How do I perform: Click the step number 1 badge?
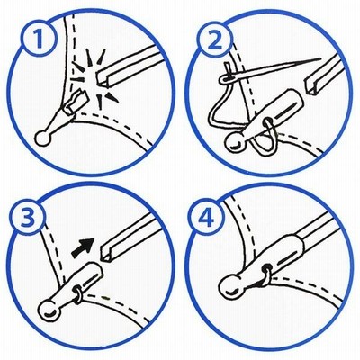pos(39,39)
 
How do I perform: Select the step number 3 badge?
pos(28,218)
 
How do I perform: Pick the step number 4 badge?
pos(206,218)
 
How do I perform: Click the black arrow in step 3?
pos(84,247)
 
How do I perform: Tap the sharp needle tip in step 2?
pos(320,58)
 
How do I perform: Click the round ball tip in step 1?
pos(43,139)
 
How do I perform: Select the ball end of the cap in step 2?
pos(235,143)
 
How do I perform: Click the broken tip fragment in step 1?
pos(78,101)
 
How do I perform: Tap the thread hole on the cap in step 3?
pos(76,290)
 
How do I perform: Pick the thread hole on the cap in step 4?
pos(265,266)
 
